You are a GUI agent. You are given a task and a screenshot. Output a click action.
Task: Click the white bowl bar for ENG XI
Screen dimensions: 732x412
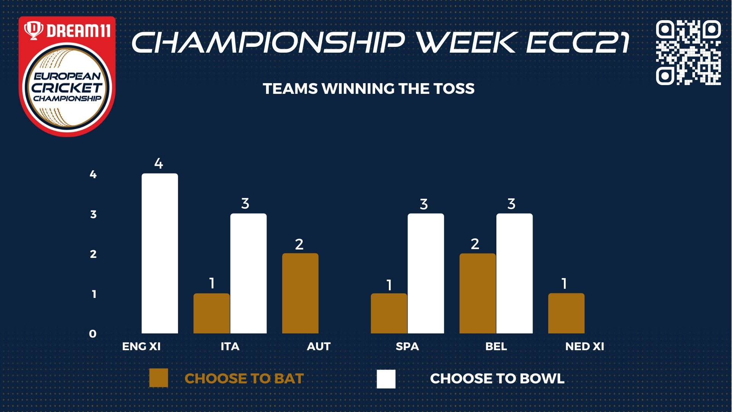point(160,253)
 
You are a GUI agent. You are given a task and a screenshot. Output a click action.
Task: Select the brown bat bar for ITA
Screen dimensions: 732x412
point(212,313)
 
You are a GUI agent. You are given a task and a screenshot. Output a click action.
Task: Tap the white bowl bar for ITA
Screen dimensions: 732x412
point(248,273)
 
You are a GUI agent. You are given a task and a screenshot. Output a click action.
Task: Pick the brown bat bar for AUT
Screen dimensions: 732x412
point(300,293)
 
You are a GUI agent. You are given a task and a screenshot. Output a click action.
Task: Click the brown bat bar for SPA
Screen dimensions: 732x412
point(389,313)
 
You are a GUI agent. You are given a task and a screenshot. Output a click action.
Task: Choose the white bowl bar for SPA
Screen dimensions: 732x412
point(426,273)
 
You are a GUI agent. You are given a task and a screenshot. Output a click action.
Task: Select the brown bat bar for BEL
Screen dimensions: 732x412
point(478,293)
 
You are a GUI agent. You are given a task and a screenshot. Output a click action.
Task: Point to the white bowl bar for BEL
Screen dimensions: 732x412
point(514,273)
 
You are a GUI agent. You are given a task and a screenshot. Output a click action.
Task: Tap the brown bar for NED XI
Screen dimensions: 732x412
point(566,313)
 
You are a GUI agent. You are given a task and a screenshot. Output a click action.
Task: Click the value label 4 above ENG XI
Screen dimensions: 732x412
point(159,164)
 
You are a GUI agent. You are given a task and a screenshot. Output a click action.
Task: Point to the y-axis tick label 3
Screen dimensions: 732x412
point(93,214)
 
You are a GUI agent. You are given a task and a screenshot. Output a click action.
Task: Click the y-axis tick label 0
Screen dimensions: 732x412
point(93,334)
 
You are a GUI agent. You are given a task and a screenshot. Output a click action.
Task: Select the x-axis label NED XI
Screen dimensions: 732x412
point(584,346)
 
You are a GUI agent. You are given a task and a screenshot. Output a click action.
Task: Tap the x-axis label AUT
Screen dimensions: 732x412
point(319,346)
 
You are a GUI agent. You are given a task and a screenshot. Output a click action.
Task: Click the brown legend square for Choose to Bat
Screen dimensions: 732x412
point(159,378)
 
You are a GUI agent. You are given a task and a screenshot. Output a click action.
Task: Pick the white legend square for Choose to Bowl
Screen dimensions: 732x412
point(386,379)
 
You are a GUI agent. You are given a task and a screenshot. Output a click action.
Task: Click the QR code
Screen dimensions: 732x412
point(689,52)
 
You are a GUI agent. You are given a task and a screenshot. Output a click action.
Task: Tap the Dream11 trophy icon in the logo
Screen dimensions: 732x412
point(34,30)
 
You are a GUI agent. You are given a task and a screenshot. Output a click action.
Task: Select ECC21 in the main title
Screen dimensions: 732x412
point(578,42)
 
